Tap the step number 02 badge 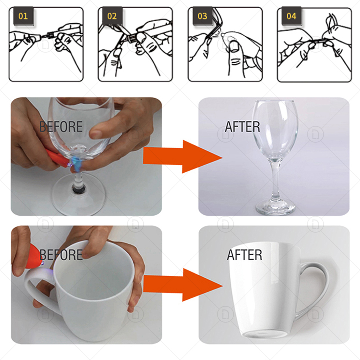coord(112,16)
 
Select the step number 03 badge coord(202,16)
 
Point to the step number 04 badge coord(291,16)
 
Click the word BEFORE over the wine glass coord(61,127)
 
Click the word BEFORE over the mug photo coord(61,255)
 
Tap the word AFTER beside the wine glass coord(242,127)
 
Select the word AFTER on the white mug coord(244,255)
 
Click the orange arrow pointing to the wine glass coord(183,157)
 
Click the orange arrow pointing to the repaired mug coord(183,285)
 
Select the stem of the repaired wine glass coord(275,179)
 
